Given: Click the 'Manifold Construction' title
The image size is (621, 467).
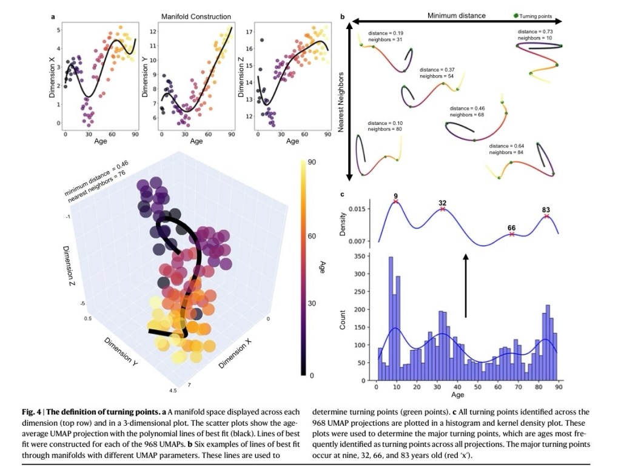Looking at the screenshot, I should [x=196, y=16].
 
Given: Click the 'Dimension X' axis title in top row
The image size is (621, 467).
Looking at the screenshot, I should [x=52, y=77].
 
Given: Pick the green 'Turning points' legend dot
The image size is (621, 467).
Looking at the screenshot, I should [x=516, y=15].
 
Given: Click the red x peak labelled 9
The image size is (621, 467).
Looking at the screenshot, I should [x=395, y=201].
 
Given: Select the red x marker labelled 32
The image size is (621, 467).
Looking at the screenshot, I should [x=443, y=209].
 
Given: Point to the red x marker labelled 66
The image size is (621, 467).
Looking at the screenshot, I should [x=512, y=234].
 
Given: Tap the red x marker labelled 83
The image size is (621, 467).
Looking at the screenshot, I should [x=546, y=216].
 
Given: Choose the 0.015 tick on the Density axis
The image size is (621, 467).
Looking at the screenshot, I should [x=358, y=209].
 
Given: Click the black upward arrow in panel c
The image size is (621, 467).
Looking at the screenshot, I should [x=466, y=285].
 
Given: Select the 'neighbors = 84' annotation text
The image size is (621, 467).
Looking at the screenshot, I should [x=506, y=152].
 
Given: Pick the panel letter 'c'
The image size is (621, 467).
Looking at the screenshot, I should [x=343, y=194].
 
